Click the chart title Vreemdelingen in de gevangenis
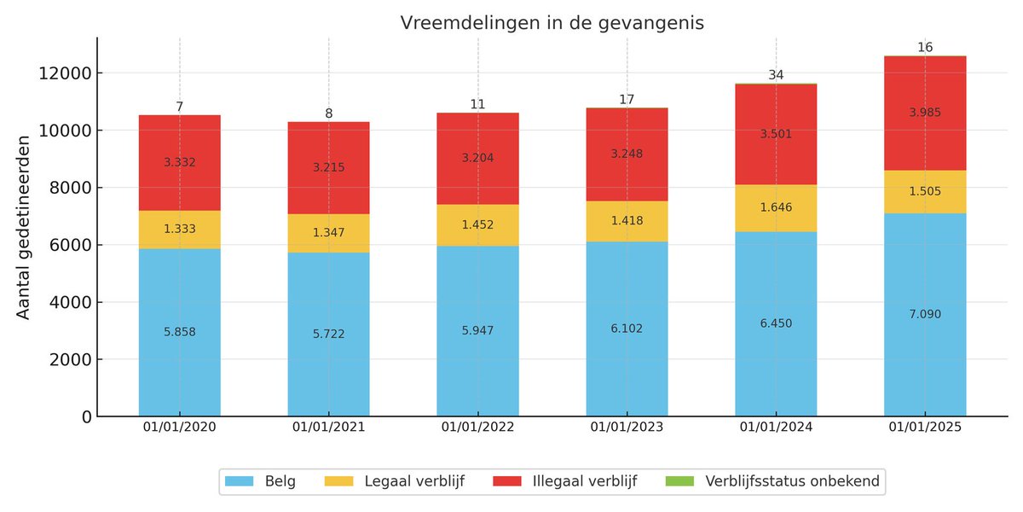(x=552, y=24)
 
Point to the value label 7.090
(x=925, y=314)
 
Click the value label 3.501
(x=776, y=133)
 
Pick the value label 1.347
(x=328, y=232)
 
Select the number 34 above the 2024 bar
(x=776, y=75)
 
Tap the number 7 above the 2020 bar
(x=180, y=107)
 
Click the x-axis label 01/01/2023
(x=627, y=428)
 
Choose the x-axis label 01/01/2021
(x=328, y=428)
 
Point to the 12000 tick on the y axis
(x=65, y=73)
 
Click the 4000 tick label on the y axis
(x=69, y=302)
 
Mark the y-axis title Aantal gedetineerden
(x=24, y=227)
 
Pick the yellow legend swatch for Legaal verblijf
(x=340, y=481)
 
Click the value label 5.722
(x=328, y=334)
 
